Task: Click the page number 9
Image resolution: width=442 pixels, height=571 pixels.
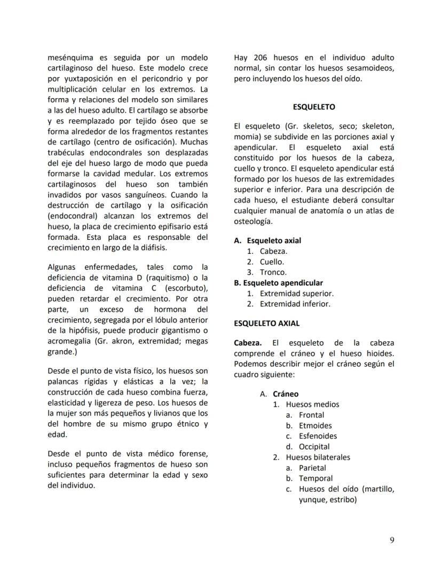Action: click(392, 540)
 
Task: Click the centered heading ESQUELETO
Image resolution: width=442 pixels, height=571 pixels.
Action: click(314, 107)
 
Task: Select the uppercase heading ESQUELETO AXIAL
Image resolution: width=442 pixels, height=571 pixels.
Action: click(266, 323)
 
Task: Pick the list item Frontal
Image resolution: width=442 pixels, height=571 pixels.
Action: click(311, 415)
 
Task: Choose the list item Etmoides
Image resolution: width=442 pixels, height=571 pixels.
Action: click(315, 425)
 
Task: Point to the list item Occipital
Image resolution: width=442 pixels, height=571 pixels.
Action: click(314, 447)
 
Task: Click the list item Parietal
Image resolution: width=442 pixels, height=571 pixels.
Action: click(312, 468)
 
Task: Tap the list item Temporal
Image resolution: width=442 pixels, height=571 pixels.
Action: click(315, 479)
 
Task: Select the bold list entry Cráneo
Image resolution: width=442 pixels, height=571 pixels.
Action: click(286, 394)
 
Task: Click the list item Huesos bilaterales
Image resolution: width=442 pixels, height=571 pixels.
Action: click(318, 457)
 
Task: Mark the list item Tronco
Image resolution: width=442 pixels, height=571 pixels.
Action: click(273, 272)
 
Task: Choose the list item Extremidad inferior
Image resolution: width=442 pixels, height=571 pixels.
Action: click(295, 304)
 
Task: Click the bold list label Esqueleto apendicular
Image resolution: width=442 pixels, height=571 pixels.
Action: click(282, 283)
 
